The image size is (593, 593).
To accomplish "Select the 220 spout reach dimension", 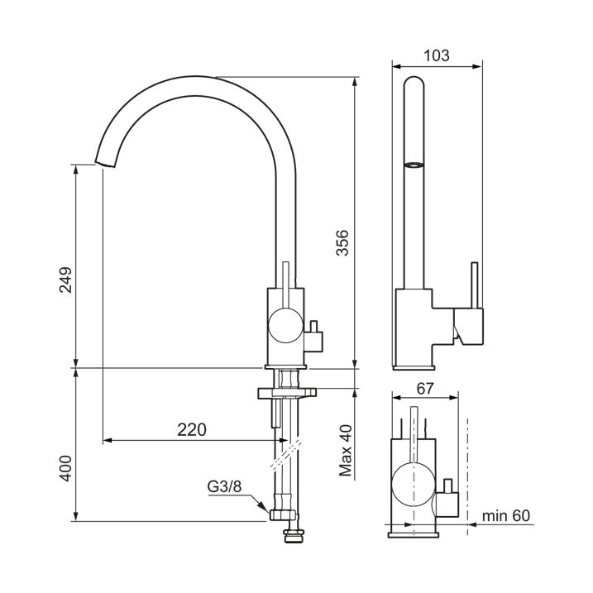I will click(x=191, y=429).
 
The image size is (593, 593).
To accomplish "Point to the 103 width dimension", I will click(x=436, y=56).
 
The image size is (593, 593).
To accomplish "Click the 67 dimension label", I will click(x=426, y=388).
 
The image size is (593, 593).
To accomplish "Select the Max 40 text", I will click(x=346, y=450).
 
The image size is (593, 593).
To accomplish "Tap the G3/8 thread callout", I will click(x=224, y=486).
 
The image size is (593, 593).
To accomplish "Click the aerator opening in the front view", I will click(x=414, y=165).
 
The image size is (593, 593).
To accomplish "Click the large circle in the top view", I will click(x=412, y=485).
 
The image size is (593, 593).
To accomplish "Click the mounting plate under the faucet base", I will click(x=286, y=393).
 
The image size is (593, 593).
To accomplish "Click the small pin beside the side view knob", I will click(x=315, y=326).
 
